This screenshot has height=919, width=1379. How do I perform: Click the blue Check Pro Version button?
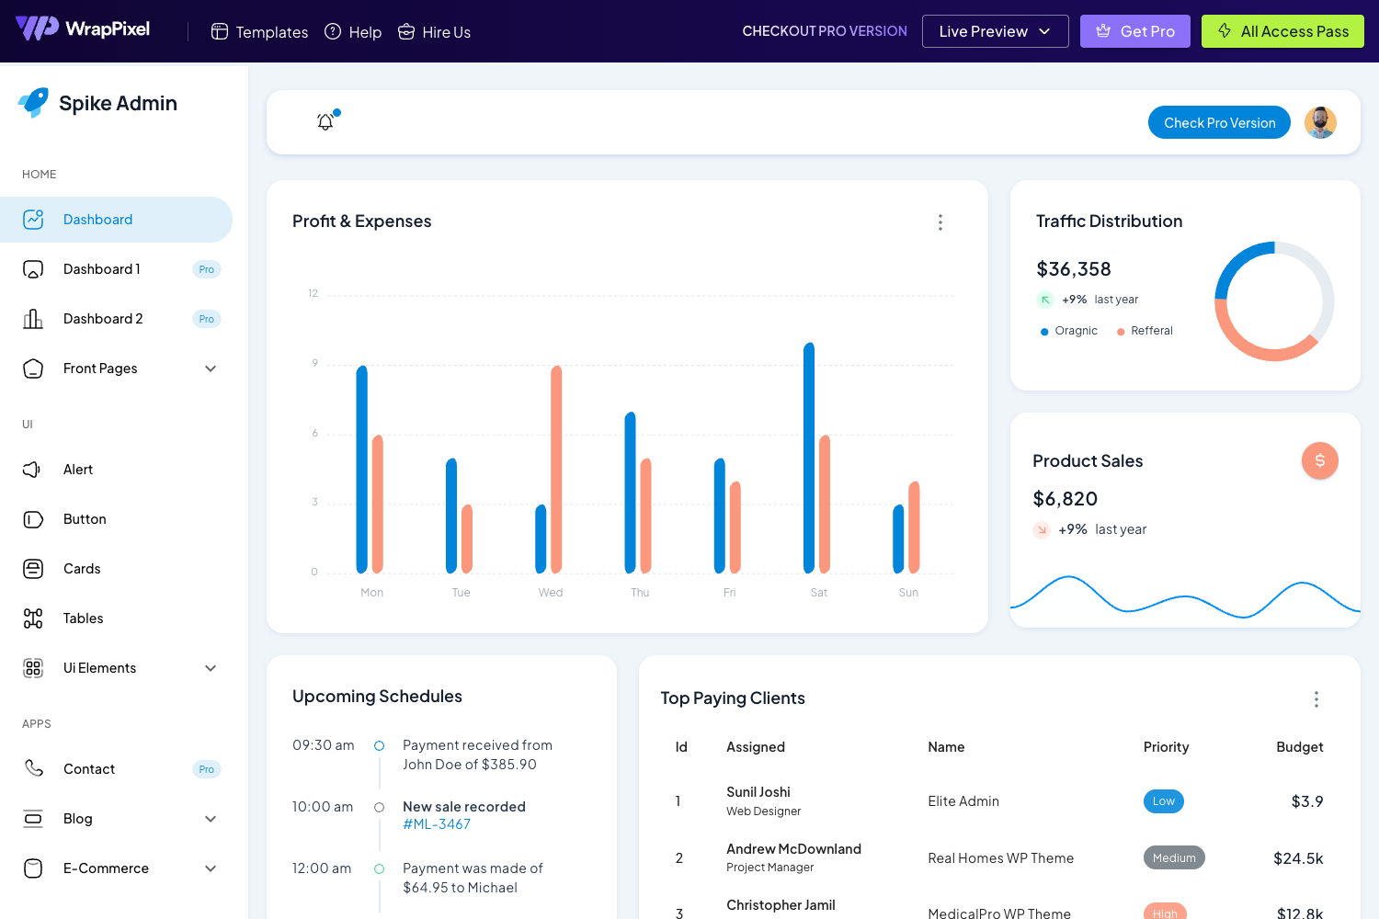pos(1219,122)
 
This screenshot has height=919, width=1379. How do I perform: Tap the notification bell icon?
pos(325,121)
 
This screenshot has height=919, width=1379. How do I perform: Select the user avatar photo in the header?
pos(1320,122)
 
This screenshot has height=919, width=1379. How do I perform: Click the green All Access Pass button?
pos(1282,31)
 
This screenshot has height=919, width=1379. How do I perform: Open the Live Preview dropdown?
pos(995,31)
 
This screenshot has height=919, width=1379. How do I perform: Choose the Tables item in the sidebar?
pos(83,618)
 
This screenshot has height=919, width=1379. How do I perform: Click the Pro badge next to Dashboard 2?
pos(207,319)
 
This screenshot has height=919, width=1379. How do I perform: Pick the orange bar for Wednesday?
pos(556,469)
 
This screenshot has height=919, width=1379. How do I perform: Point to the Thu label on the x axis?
pos(640,593)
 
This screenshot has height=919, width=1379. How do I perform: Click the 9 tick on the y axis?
pos(314,364)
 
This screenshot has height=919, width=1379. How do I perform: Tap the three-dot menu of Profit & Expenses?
pos(940,222)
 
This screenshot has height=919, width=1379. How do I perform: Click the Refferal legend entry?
pos(1151,331)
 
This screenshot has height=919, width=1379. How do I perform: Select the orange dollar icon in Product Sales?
pos(1319,460)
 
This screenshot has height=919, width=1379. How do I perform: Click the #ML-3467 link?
pos(437,824)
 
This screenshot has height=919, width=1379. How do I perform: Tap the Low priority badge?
pos(1163,801)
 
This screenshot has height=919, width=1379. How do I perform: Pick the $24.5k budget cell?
pos(1298,858)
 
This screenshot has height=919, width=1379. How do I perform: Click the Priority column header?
pos(1166,747)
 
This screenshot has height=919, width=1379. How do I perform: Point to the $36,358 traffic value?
pos(1074,269)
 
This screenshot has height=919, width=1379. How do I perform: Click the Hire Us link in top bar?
pos(435,32)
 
